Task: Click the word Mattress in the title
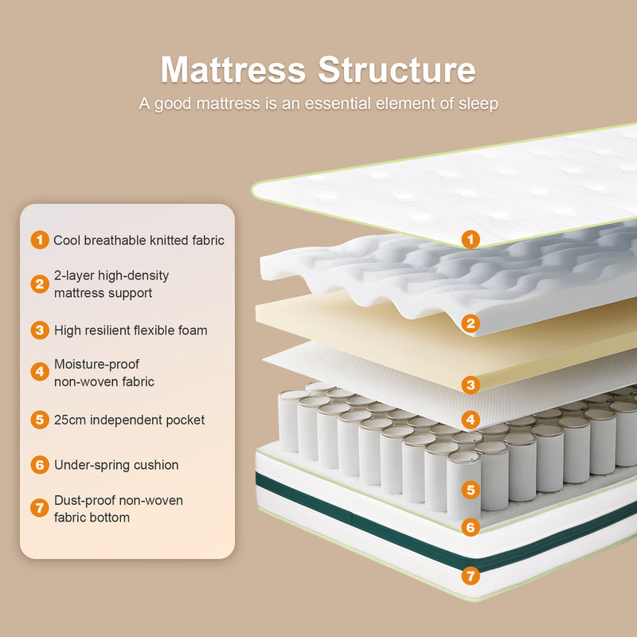point(233,70)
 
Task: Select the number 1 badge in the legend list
point(40,240)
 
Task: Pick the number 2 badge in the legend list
point(40,284)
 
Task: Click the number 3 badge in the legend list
point(40,330)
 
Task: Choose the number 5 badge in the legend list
point(40,420)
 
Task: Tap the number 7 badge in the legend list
point(40,509)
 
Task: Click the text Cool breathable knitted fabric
point(139,240)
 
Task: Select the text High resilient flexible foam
point(131,330)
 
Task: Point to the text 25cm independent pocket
point(129,420)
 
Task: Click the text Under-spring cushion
point(116,464)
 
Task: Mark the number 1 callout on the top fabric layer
point(471,238)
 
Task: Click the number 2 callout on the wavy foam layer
point(471,323)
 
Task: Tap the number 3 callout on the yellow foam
point(471,385)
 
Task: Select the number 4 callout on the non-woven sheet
point(471,420)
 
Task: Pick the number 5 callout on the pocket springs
point(471,490)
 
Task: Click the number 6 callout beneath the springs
point(471,527)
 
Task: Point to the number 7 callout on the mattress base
point(471,574)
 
